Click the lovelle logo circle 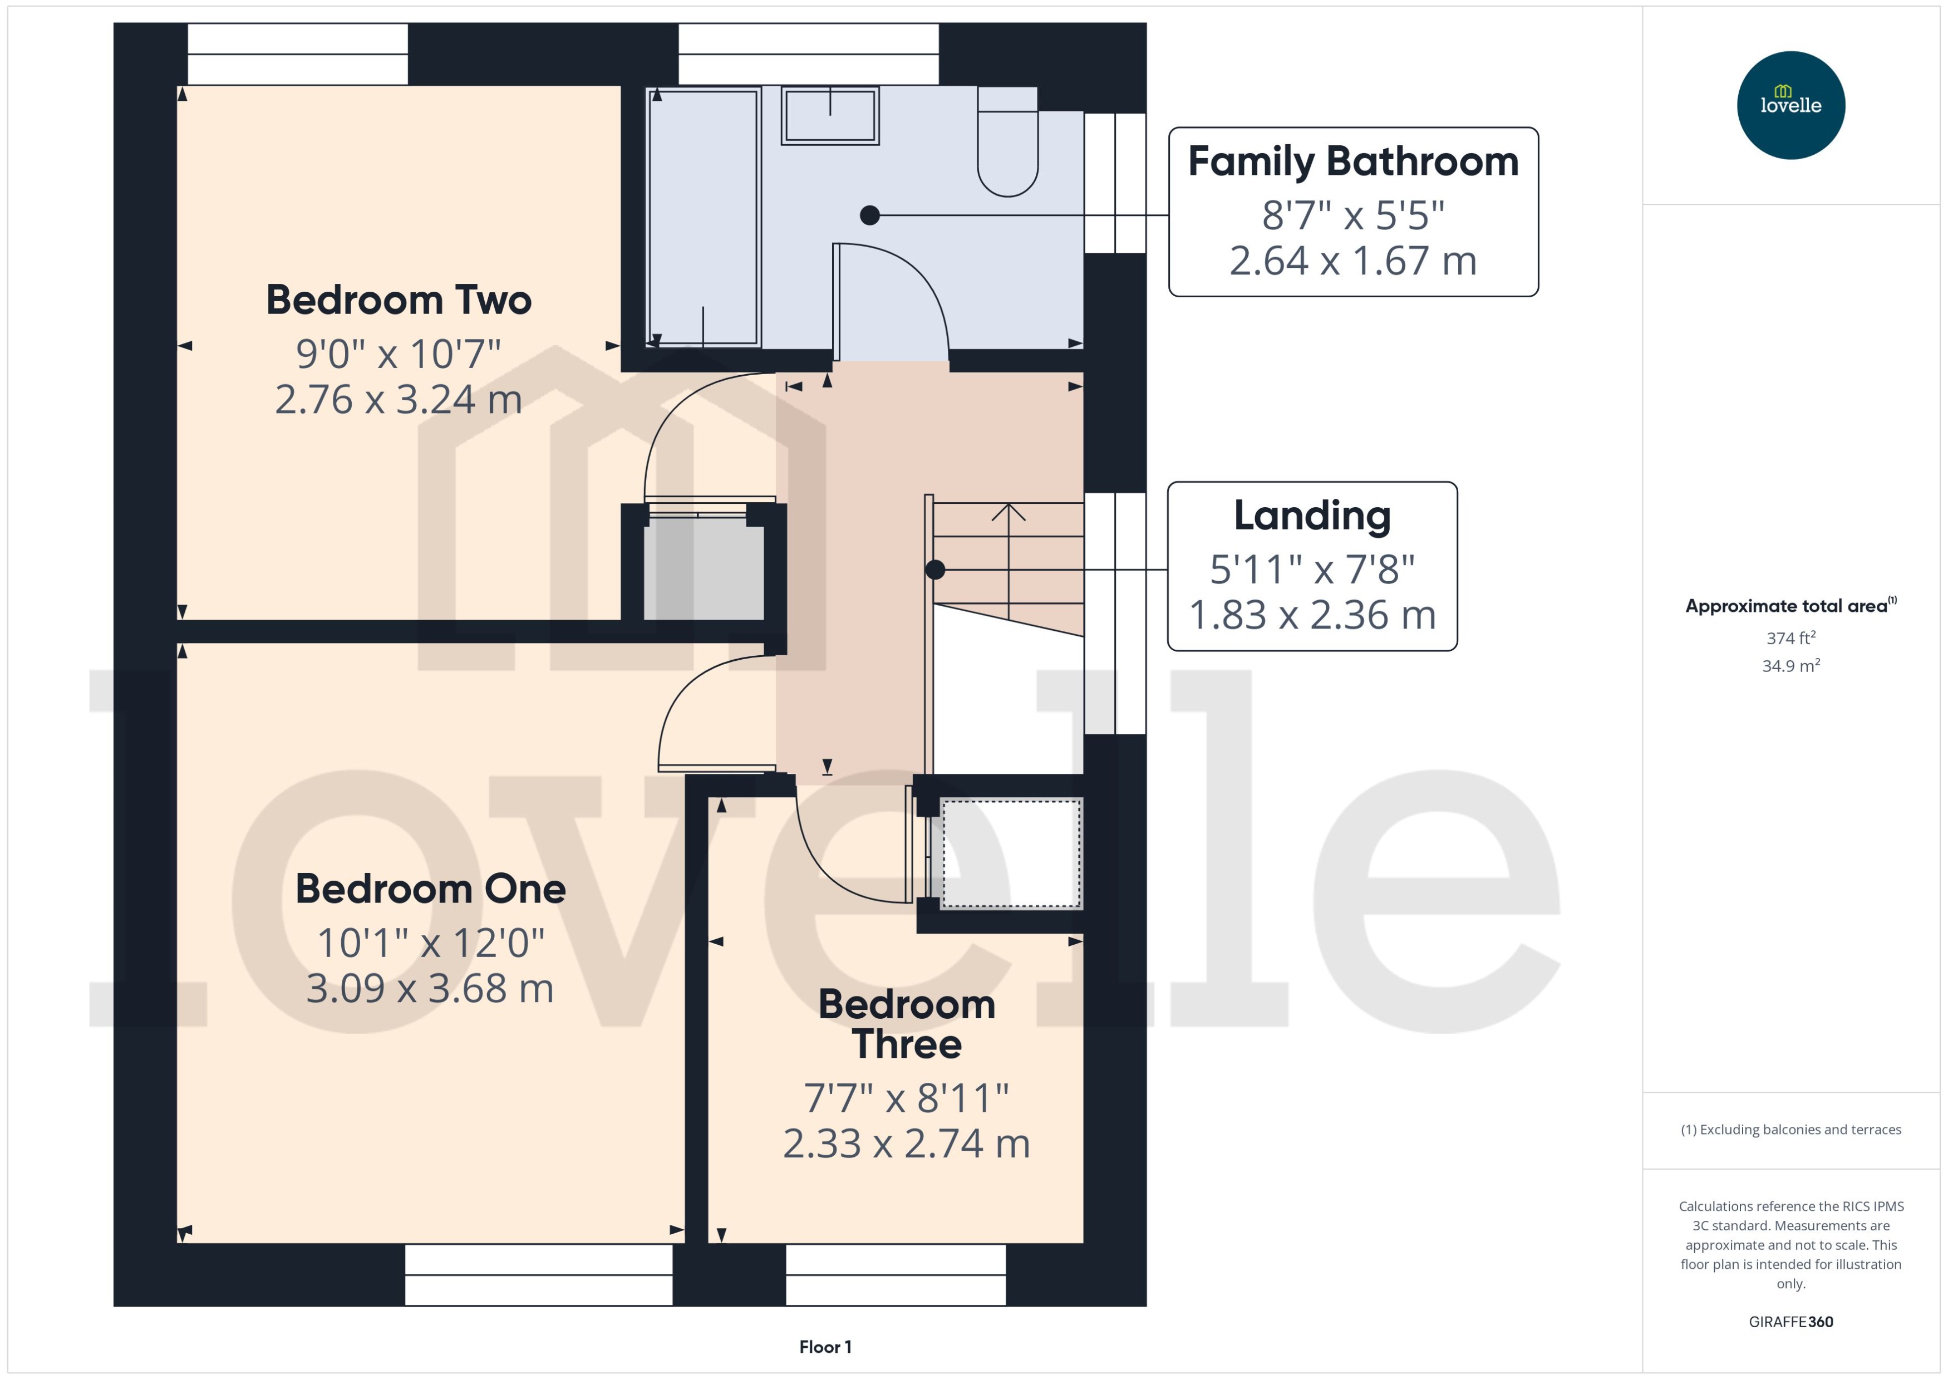point(1790,105)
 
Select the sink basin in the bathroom point(829,115)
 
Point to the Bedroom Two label point(399,300)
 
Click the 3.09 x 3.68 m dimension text point(430,988)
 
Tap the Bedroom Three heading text point(907,1024)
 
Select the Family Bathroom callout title point(1353,161)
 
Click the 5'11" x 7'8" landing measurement point(1312,569)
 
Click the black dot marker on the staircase point(934,570)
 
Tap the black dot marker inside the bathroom point(869,215)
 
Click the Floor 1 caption point(825,1347)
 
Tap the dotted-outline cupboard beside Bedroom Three point(1010,853)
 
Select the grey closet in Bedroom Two point(704,567)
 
